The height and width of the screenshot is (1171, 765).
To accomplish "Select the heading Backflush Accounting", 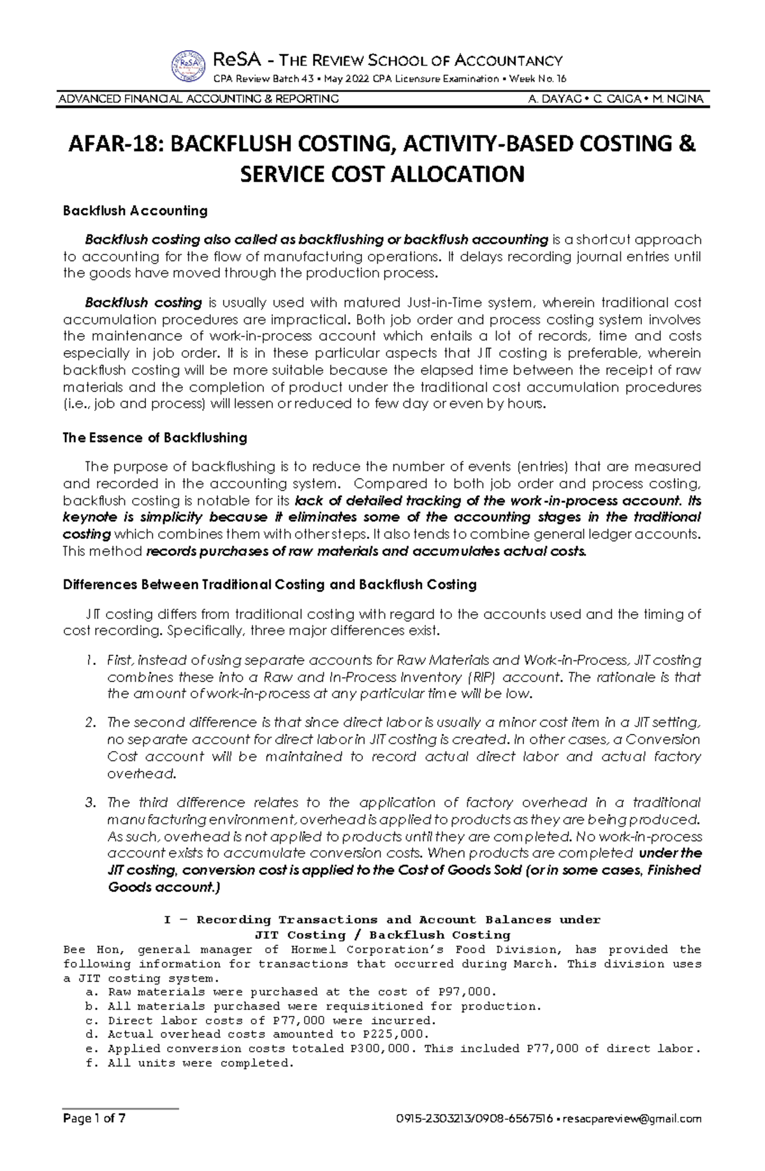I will pos(135,211).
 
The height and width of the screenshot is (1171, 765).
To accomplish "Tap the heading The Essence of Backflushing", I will pos(155,438).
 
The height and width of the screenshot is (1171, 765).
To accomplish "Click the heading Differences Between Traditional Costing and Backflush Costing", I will pos(270,585).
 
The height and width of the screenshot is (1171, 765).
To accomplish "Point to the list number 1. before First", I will pos(91,660).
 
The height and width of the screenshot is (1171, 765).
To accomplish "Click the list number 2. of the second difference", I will pos(91,722).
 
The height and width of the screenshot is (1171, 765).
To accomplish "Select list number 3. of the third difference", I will pos(91,802).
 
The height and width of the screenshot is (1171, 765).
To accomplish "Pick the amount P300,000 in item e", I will pos(384,1048).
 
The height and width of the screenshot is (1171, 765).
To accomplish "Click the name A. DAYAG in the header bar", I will pos(551,99).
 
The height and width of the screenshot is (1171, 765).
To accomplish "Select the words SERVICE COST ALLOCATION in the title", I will pos(382,174).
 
